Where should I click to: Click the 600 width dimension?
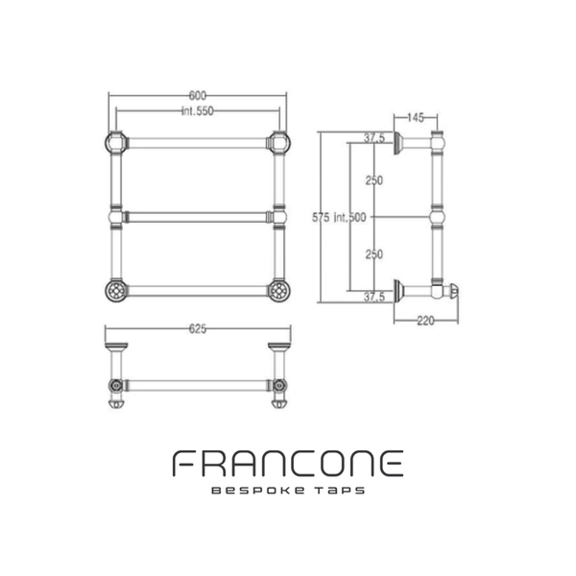point(197,95)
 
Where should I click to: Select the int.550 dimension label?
point(198,111)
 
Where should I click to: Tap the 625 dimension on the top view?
point(198,328)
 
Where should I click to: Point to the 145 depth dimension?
point(416,117)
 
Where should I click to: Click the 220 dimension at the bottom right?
point(425,321)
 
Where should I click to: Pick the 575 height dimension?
point(321,218)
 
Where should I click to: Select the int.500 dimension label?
point(349,218)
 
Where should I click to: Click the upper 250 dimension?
point(374,180)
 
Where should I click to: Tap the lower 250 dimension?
point(374,254)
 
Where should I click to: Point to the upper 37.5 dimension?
point(374,138)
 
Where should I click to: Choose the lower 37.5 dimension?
point(374,297)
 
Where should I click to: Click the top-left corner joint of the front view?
point(116,143)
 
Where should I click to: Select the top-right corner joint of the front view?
point(279,143)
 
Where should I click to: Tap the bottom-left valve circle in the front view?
point(116,291)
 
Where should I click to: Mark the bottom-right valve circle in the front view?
point(279,291)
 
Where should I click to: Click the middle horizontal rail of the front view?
point(198,217)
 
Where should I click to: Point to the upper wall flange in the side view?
point(397,143)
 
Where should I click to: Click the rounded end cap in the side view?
point(454,291)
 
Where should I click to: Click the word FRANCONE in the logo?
point(288,464)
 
